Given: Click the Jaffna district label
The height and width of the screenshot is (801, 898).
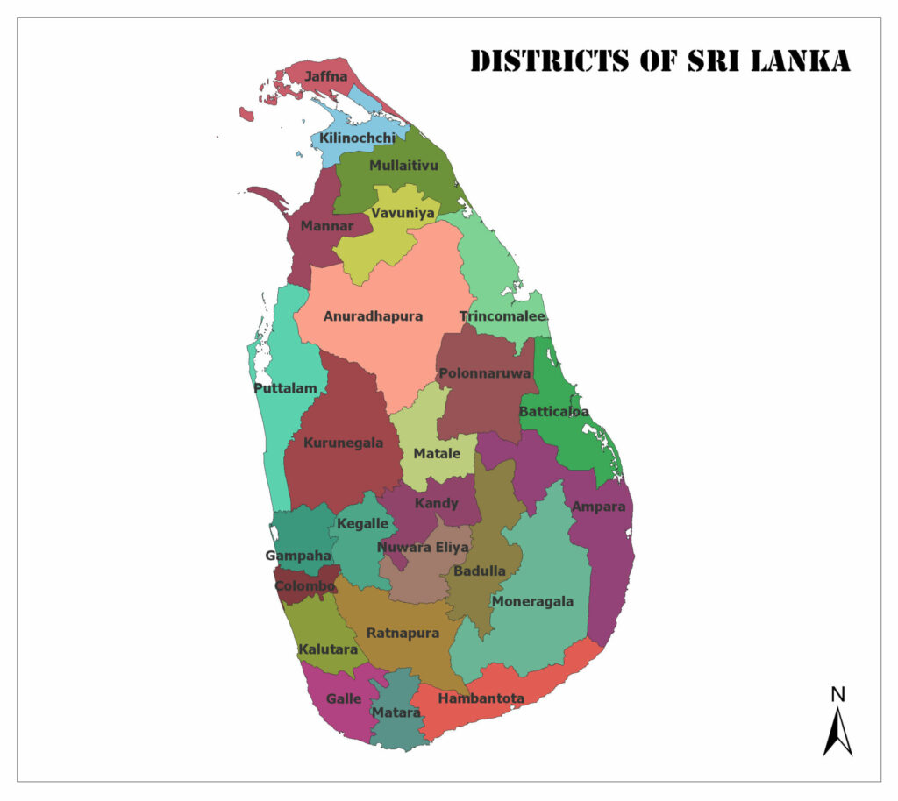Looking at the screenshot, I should tap(325, 77).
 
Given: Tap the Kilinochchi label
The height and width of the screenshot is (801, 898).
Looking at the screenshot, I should tap(357, 138).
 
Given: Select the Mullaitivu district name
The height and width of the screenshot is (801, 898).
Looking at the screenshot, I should tap(403, 165).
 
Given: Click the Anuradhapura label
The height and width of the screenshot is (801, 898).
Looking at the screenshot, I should tap(373, 316).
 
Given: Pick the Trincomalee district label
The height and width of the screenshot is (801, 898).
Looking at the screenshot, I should tap(502, 316).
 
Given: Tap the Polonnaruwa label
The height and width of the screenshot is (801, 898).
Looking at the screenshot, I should tap(485, 373).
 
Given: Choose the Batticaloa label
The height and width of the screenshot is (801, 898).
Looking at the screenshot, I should tap(554, 411).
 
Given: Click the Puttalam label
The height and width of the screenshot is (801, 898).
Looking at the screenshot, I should tap(285, 388).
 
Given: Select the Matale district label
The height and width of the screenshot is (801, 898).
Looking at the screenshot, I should tap(436, 454).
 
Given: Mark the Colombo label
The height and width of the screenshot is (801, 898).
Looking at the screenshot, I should tap(304, 585).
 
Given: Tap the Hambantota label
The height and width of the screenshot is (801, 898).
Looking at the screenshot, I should tap(481, 698).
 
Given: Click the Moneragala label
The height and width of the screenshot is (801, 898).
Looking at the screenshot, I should tap(532, 601).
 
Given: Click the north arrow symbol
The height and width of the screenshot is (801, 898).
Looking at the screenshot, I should tap(837, 732).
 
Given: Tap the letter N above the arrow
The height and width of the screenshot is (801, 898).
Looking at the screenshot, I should tap(837, 695).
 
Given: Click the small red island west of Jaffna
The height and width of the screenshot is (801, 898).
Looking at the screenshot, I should tap(246, 114).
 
